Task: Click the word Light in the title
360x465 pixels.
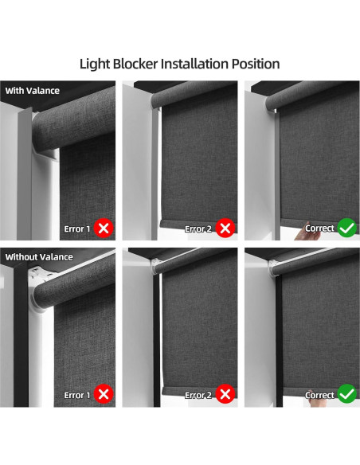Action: (x=96, y=63)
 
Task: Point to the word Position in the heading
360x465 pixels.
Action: (x=256, y=63)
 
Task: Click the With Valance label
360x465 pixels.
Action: (x=32, y=91)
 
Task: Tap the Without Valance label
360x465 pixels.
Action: (x=39, y=257)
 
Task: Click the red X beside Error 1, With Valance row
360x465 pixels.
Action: (x=103, y=229)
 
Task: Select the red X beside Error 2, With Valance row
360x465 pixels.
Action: (x=225, y=229)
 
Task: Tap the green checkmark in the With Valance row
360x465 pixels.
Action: (x=347, y=229)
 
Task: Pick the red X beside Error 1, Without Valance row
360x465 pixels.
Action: (x=103, y=394)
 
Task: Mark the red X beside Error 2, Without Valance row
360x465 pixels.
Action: (x=225, y=394)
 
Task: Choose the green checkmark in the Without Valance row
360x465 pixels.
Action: (x=347, y=394)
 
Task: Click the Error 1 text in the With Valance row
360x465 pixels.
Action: (x=77, y=229)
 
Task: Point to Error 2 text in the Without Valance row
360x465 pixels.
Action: (x=199, y=395)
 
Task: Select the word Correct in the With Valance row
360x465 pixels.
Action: (x=319, y=229)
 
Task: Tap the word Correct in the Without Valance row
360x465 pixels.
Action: (x=319, y=395)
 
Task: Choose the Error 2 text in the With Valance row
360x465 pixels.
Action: (x=199, y=229)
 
